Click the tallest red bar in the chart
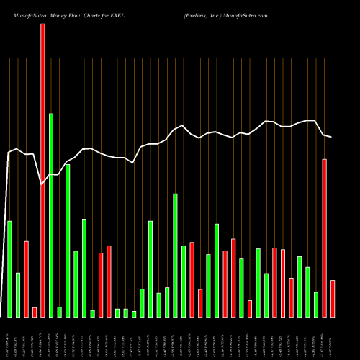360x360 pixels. [42, 170]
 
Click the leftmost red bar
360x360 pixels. [26, 279]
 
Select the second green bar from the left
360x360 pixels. [18, 294]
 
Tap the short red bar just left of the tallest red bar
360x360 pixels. [35, 312]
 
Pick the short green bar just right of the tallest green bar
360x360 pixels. [59, 311]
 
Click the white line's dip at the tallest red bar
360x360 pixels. [42, 184]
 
